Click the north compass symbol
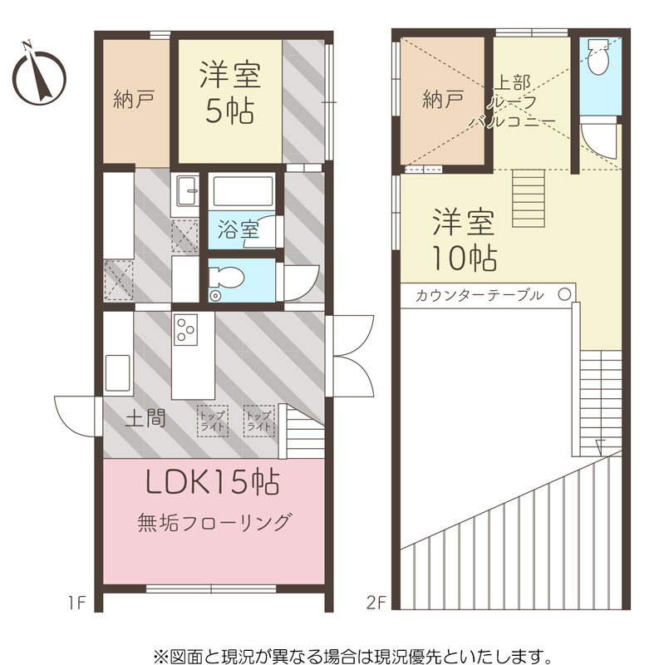pyautogui.click(x=39, y=76)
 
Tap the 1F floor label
pyautogui.click(x=77, y=603)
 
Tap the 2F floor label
pyautogui.click(x=376, y=603)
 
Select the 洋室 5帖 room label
pyautogui.click(x=230, y=92)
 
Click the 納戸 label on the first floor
pyautogui.click(x=134, y=99)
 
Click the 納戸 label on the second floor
pyautogui.click(x=443, y=100)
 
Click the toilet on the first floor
pyautogui.click(x=226, y=281)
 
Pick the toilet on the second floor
pyautogui.click(x=598, y=57)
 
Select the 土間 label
pyautogui.click(x=145, y=419)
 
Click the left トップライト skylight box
pyautogui.click(x=213, y=421)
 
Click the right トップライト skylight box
pyautogui.click(x=258, y=421)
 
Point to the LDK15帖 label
pyautogui.click(x=212, y=483)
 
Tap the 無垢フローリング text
pyautogui.click(x=214, y=523)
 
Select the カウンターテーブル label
pyautogui.click(x=479, y=295)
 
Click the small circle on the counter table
pyautogui.click(x=564, y=295)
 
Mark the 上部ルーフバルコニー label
pyautogui.click(x=513, y=101)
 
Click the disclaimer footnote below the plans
pyautogui.click(x=352, y=657)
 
